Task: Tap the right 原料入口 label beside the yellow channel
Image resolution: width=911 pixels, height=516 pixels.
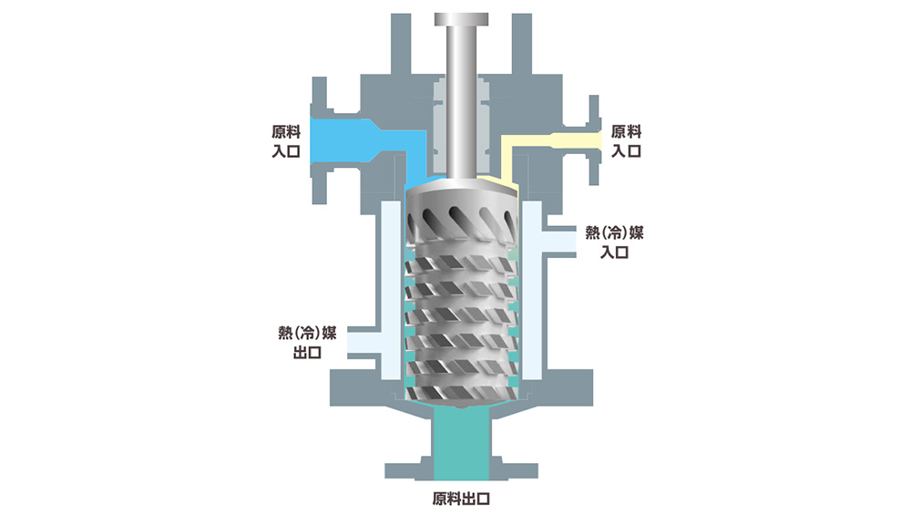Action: [x=627, y=141]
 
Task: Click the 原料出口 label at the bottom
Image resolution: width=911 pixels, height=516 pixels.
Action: [x=463, y=500]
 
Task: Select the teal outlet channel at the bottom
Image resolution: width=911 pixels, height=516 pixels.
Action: [x=462, y=442]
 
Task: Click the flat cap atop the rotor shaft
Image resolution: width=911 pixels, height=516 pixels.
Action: [x=462, y=20]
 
